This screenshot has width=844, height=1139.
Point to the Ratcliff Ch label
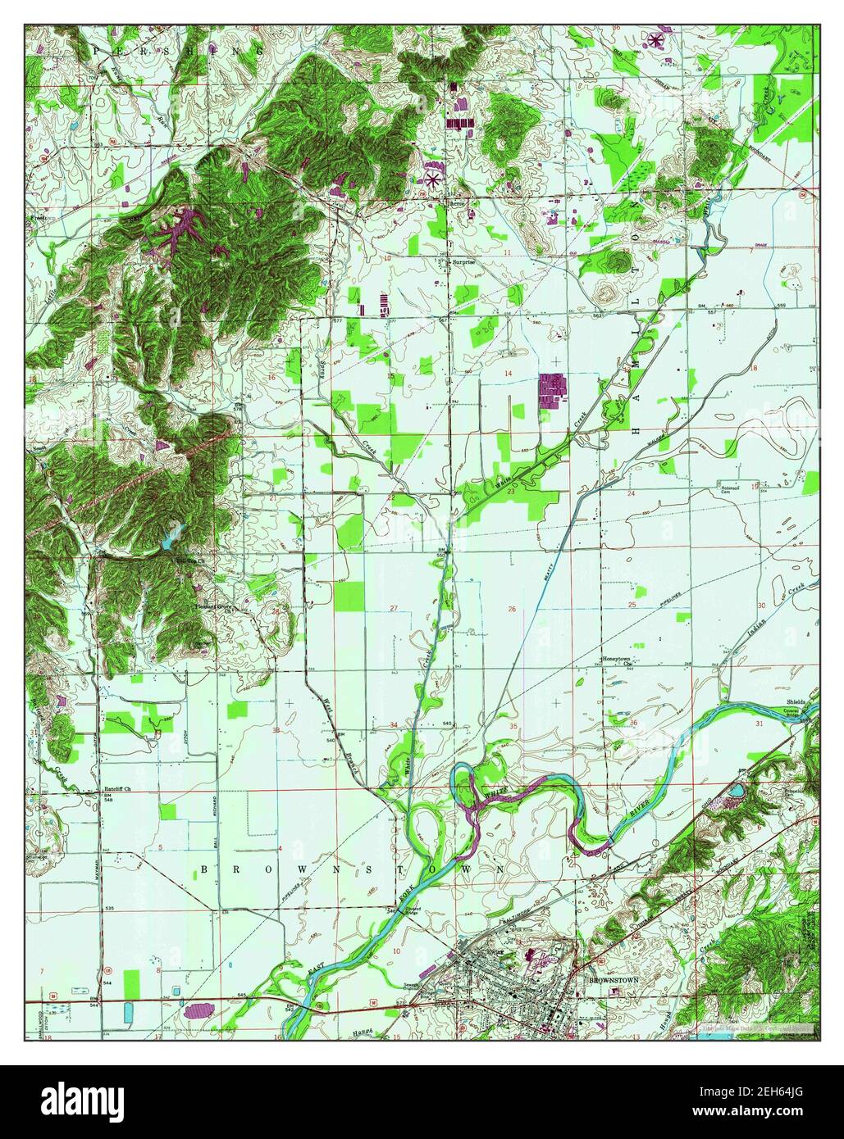click(116, 792)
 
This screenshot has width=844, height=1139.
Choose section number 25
click(632, 604)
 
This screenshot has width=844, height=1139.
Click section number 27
click(394, 608)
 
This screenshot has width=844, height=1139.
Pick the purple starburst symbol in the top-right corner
click(656, 39)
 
